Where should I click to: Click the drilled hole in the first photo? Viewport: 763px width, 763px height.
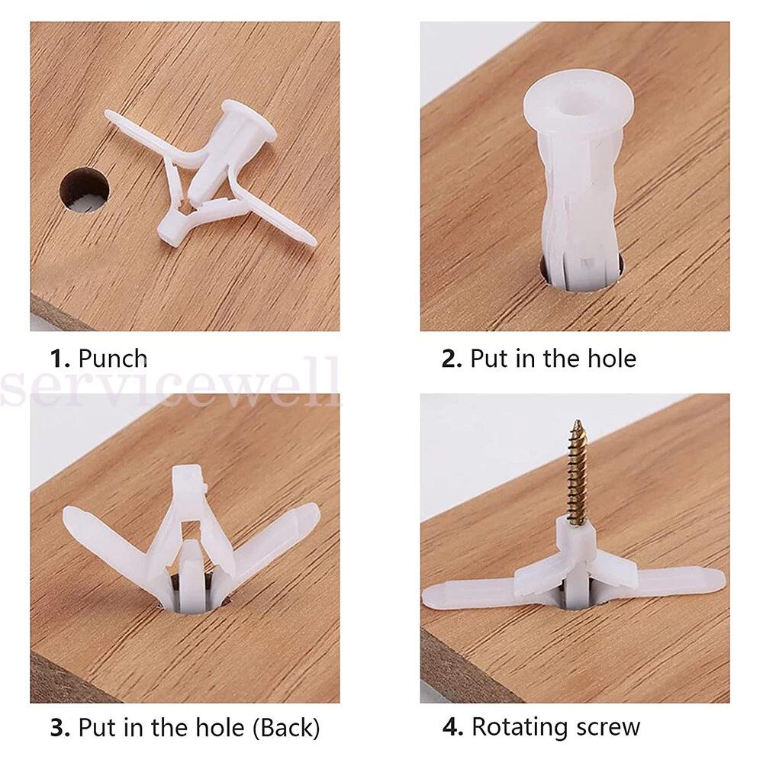pos(84,190)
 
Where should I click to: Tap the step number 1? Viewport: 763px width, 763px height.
pos(61,359)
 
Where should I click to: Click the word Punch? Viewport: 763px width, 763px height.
pos(112,359)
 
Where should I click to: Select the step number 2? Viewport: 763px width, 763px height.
pos(452,359)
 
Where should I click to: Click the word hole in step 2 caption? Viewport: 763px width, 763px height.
pos(612,359)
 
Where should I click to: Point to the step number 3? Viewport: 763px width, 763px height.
pos(61,728)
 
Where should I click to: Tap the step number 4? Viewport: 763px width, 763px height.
pos(452,728)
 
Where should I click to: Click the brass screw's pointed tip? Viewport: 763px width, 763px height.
pos(578,421)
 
